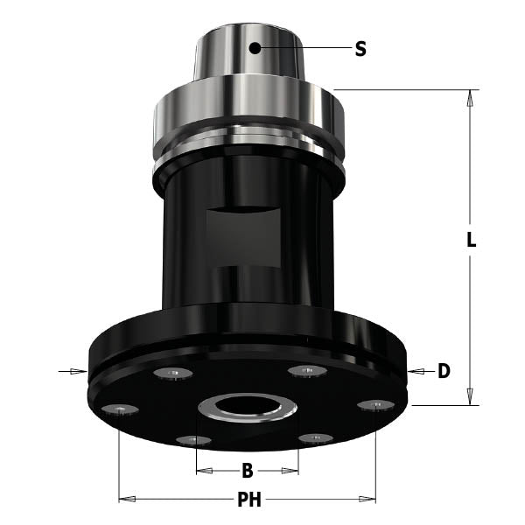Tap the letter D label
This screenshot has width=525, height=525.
[x=444, y=371]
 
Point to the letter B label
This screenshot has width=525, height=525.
[x=247, y=472]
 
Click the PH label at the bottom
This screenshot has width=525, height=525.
[x=248, y=500]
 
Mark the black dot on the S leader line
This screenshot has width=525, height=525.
[x=255, y=48]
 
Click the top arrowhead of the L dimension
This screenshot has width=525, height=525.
[x=471, y=97]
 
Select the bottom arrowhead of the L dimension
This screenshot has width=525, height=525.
[x=471, y=397]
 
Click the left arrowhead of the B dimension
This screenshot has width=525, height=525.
[x=202, y=472]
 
